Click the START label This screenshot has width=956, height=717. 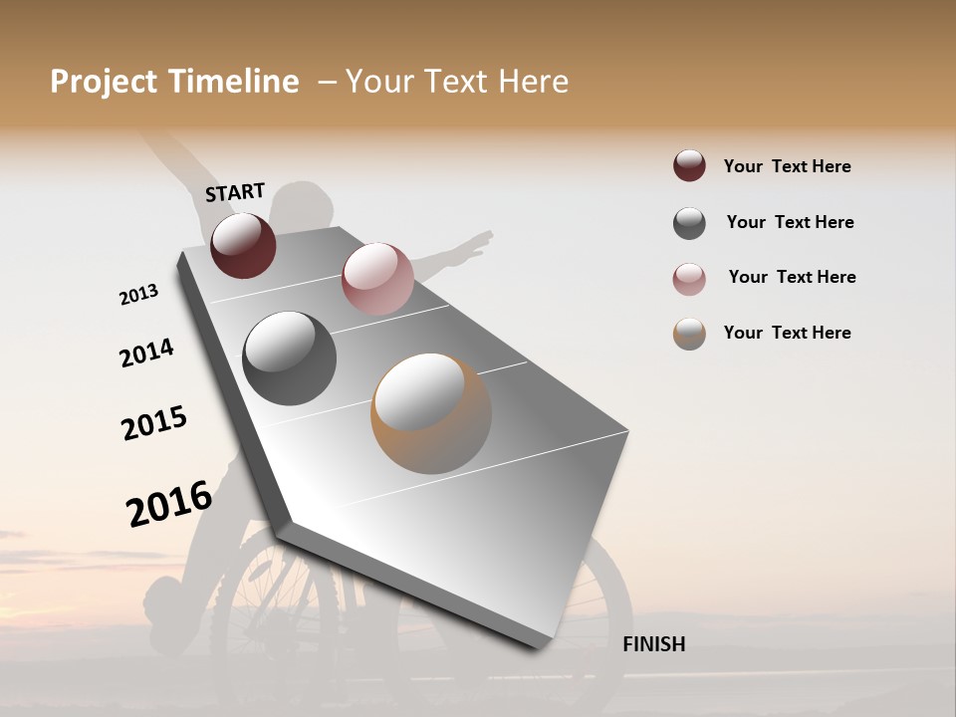click(235, 192)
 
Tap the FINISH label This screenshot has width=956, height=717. click(653, 644)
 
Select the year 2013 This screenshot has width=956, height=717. click(138, 295)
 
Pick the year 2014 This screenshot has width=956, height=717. click(146, 354)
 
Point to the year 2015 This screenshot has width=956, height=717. click(154, 424)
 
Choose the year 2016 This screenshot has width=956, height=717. click(169, 504)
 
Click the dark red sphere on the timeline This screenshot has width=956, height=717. click(243, 245)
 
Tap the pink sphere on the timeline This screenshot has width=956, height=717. click(377, 279)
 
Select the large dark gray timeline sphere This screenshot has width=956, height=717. click(290, 358)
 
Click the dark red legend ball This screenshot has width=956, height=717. click(689, 166)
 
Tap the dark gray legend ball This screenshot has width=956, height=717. click(689, 223)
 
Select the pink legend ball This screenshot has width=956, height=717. click(689, 279)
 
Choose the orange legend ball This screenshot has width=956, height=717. click(689, 334)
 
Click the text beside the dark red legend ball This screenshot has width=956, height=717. click(787, 166)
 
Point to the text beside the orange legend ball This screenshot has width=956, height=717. click(787, 333)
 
